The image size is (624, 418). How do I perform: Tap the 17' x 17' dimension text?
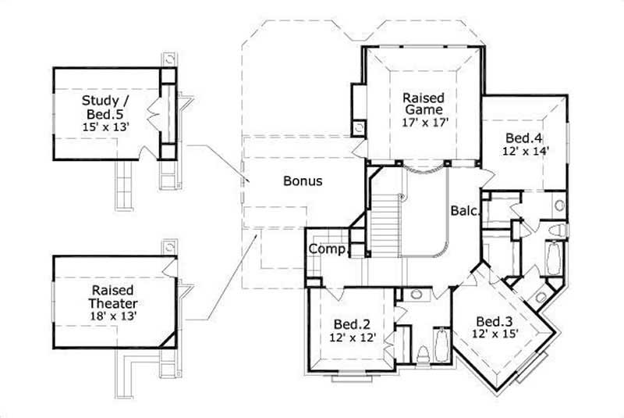pos(424,123)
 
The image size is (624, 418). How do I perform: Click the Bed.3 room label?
pos(495,321)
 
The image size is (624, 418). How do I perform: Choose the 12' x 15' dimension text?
pos(495,334)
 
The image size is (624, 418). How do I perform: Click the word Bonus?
pos(303,180)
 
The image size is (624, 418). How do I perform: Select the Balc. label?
pos(464,210)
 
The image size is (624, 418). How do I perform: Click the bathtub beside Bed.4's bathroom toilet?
pos(552,258)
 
